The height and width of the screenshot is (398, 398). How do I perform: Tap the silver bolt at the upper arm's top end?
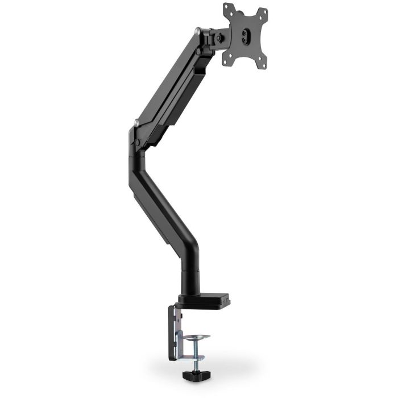click(x=197, y=32)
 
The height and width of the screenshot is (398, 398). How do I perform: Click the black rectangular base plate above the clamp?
click(x=205, y=298)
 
